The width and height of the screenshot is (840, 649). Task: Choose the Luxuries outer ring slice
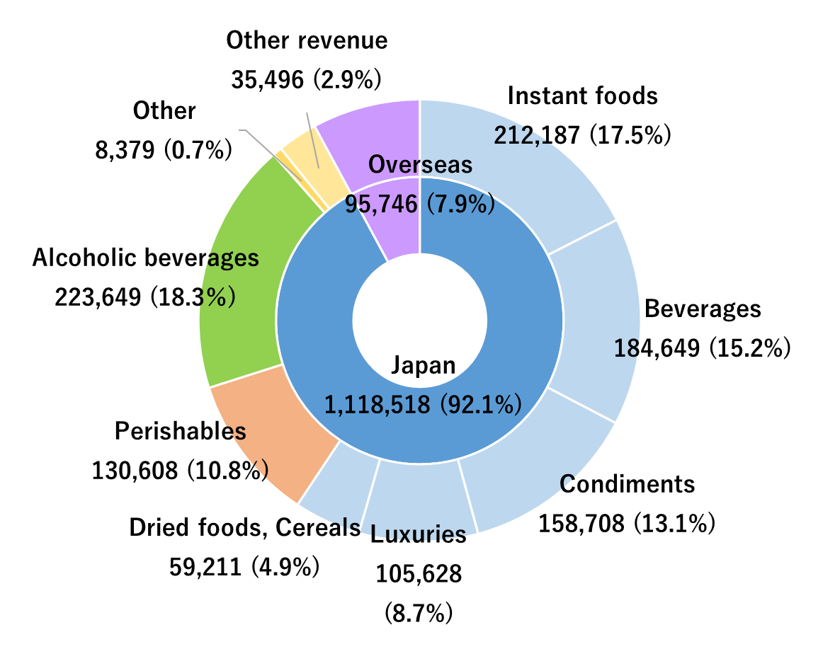pos(418,495)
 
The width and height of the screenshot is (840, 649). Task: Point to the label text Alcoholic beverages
pos(145,258)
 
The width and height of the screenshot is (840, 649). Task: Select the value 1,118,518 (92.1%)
pos(423,404)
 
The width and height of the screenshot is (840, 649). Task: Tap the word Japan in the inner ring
pos(423,365)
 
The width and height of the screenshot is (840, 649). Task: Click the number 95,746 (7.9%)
pos(419,204)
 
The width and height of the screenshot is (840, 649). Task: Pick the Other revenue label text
pos(307,40)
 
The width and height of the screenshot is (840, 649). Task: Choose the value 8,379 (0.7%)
pos(164,149)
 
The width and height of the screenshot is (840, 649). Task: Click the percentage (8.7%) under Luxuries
pos(418,611)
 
